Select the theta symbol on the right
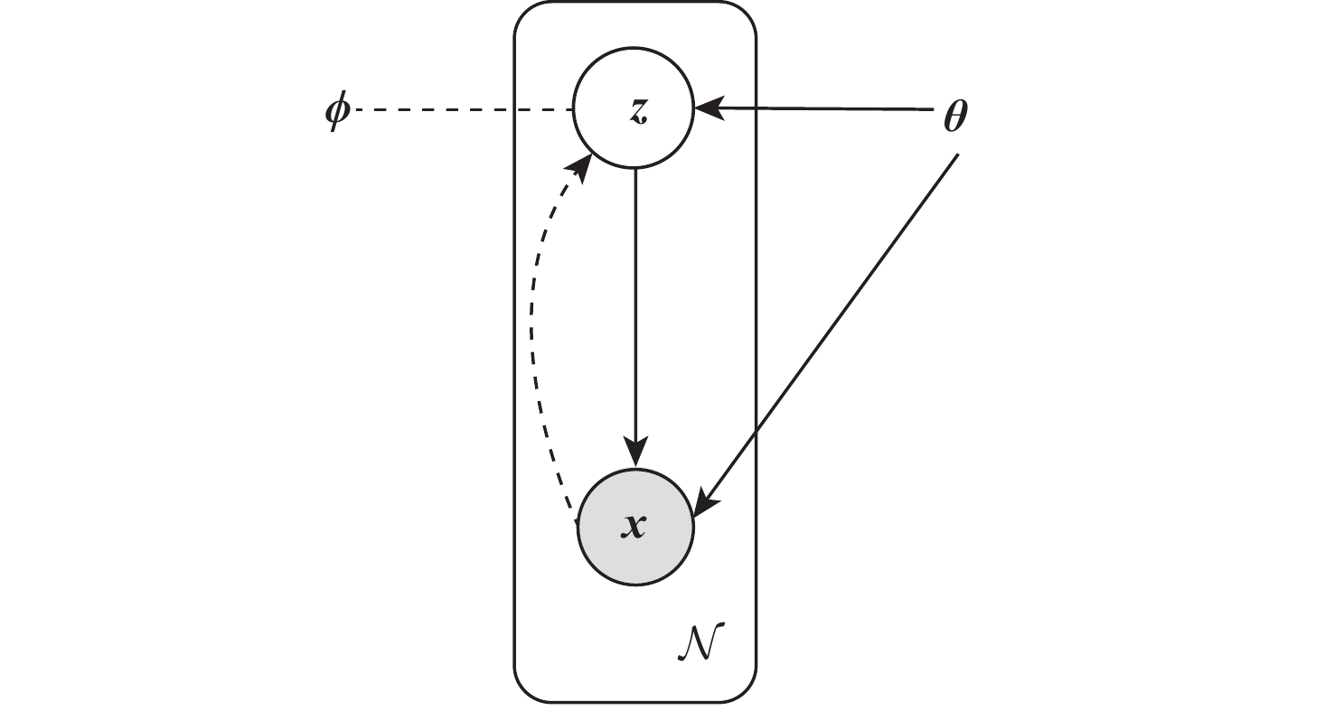[955, 117]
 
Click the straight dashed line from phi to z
[461, 110]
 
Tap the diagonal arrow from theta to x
[831, 325]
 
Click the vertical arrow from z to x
[635, 307]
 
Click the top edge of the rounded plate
[635, 2]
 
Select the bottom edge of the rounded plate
[635, 701]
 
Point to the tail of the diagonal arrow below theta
[956, 156]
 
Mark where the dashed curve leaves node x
[575, 518]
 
